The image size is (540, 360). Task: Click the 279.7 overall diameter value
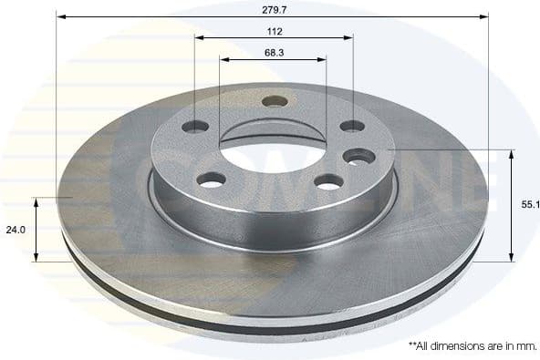pos(273,6)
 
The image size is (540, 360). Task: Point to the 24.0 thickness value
pos(16,231)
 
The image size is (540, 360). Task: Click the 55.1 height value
pos(531,205)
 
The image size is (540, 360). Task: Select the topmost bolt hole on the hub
pos(275,100)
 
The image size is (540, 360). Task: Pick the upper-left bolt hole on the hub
pos(195,126)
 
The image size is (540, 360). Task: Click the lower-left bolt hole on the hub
pos(212,180)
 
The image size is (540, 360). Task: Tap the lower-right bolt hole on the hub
pos(328,181)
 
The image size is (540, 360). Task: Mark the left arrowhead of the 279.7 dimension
pos(60,15)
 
